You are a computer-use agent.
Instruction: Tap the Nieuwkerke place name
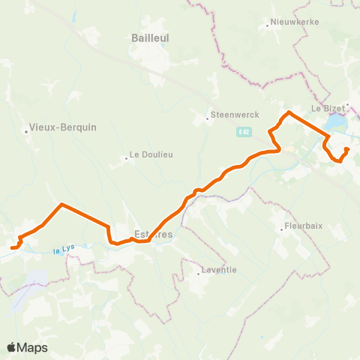pos(295,22)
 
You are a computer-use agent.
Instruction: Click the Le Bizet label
pos(328,108)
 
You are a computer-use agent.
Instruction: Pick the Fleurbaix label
pos(305,227)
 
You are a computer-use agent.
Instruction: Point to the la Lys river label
pos(64,251)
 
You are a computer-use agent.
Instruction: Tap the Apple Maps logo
pos(27,347)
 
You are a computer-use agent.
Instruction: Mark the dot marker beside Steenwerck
pos(208,118)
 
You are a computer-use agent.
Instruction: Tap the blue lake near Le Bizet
pos(337,121)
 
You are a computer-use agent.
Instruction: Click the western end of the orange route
pos(12,247)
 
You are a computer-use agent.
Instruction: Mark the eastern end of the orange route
pos(346,149)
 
